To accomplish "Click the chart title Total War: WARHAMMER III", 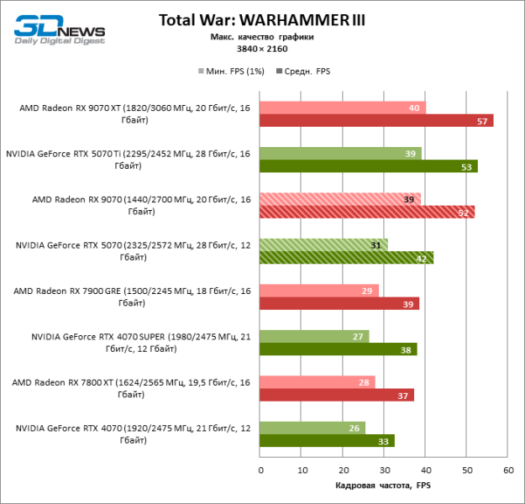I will tap(262, 19).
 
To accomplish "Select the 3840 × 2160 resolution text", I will tap(262, 48).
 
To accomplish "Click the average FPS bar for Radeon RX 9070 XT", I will tap(375, 121).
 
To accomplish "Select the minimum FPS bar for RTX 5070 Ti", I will tap(340, 154).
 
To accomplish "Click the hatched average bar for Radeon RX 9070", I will tap(366, 212).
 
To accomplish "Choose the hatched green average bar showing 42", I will tap(346, 258).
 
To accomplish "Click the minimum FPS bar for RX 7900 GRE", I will tap(318, 291).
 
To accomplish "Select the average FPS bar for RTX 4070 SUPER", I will tap(338, 349).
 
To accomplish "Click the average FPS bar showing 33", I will tap(327, 440).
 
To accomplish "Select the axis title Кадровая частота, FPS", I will tap(382, 486).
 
